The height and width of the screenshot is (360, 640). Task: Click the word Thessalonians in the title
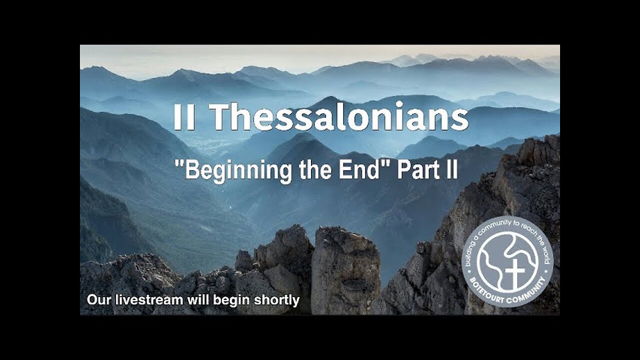(x=338, y=118)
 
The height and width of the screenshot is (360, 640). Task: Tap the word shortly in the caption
(x=278, y=300)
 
